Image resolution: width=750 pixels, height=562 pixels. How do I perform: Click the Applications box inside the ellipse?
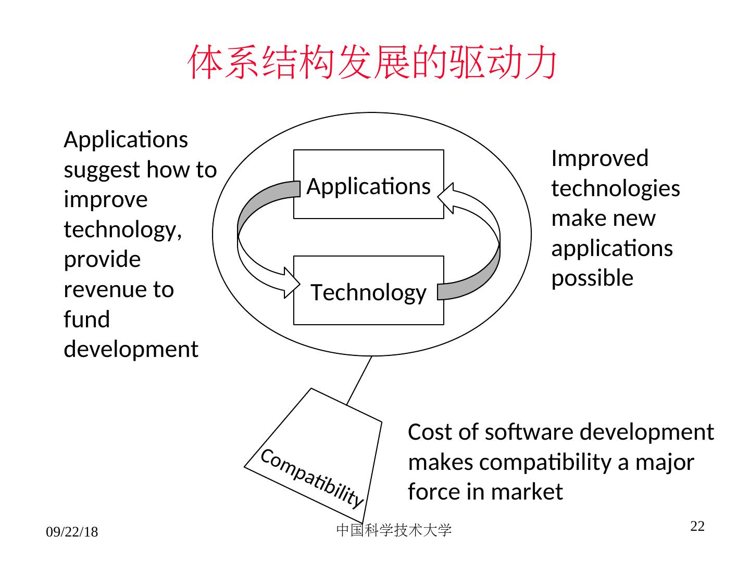pyautogui.click(x=368, y=185)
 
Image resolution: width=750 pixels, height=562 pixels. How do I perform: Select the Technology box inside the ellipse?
pyautogui.click(x=368, y=291)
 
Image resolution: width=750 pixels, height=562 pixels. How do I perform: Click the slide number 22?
pyautogui.click(x=697, y=527)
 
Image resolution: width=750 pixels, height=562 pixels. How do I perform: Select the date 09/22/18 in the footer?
pyautogui.click(x=72, y=532)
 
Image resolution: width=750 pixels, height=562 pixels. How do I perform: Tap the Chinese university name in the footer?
pyautogui.click(x=394, y=530)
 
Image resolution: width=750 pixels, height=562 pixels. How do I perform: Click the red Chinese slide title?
pyautogui.click(x=372, y=62)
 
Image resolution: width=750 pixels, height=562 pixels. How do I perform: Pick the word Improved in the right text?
pyautogui.click(x=599, y=158)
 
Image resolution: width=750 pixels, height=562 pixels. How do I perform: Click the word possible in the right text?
pyautogui.click(x=592, y=278)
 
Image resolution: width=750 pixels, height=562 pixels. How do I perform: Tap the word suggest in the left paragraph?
pyautogui.click(x=102, y=170)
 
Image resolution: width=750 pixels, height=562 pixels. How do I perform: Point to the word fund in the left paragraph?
pyautogui.click(x=86, y=319)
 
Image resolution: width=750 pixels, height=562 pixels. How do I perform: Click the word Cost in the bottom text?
pyautogui.click(x=425, y=432)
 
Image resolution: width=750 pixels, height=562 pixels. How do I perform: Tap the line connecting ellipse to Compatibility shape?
pyautogui.click(x=359, y=380)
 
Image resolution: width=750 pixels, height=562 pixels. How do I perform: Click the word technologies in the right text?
pyautogui.click(x=616, y=188)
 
